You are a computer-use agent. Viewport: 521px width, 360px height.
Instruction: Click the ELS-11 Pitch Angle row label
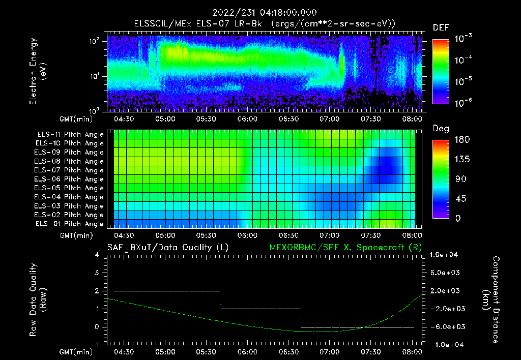[70, 135]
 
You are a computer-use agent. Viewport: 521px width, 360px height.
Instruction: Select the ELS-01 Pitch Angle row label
[70, 224]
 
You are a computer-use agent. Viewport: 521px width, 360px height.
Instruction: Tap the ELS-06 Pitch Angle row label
[70, 179]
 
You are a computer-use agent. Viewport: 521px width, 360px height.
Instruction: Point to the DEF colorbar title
[441, 27]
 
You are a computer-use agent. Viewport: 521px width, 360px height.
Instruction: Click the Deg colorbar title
[441, 129]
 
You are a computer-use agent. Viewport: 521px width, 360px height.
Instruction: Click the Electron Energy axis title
[39, 72]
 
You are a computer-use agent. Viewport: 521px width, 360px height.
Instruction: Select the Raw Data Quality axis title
[39, 300]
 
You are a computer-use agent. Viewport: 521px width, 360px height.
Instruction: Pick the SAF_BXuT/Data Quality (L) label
[167, 248]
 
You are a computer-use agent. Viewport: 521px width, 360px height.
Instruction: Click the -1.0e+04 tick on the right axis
[446, 345]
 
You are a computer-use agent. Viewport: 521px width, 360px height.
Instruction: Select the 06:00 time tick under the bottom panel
[247, 351]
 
